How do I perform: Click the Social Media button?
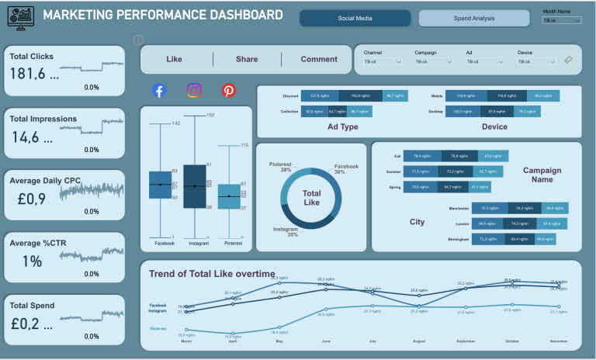coord(353,18)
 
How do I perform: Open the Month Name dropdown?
coord(561,20)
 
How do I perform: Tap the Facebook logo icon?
coord(159,91)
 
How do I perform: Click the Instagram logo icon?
coord(194,91)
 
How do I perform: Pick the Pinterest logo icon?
coord(229,91)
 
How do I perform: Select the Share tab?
coord(247,59)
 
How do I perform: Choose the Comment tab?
coord(319,59)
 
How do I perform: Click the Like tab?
coord(175,59)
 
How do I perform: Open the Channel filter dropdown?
coord(382,61)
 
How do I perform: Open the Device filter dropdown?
coord(535,61)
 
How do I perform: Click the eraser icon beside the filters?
coord(568,60)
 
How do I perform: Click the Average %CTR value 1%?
coord(32,261)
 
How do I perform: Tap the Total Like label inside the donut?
coord(311,198)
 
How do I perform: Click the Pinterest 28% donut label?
coord(280,168)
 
